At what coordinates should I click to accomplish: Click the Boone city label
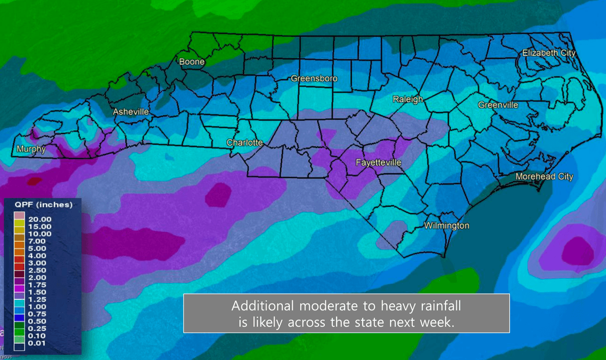tap(192, 61)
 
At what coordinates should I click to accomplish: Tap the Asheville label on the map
tap(131, 112)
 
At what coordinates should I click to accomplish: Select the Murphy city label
tap(31, 149)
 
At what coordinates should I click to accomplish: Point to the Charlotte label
tap(244, 142)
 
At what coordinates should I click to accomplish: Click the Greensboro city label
tap(314, 78)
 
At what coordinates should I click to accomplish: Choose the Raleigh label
tap(408, 99)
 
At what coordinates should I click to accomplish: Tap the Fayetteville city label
tap(378, 163)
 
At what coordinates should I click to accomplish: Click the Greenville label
tap(498, 105)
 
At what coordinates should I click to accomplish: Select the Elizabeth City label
tap(549, 53)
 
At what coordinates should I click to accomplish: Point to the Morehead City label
tap(544, 176)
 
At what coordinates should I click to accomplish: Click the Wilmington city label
tap(446, 226)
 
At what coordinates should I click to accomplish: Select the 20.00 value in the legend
tap(40, 219)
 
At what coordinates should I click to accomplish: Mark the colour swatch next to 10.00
tap(19, 233)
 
